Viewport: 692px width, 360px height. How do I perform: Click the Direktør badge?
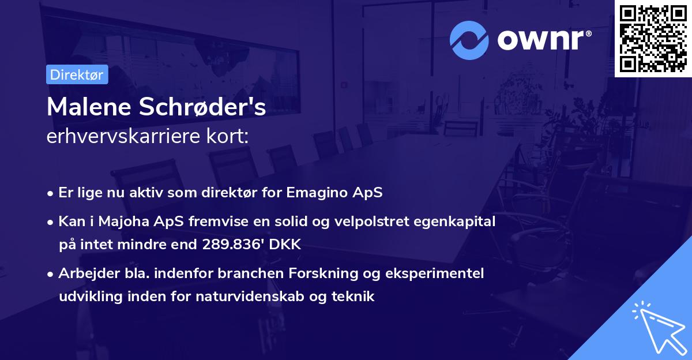pyautogui.click(x=77, y=74)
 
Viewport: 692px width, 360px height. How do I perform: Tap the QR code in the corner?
pyautogui.click(x=653, y=38)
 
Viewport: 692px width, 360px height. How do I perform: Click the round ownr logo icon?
pyautogui.click(x=469, y=40)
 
